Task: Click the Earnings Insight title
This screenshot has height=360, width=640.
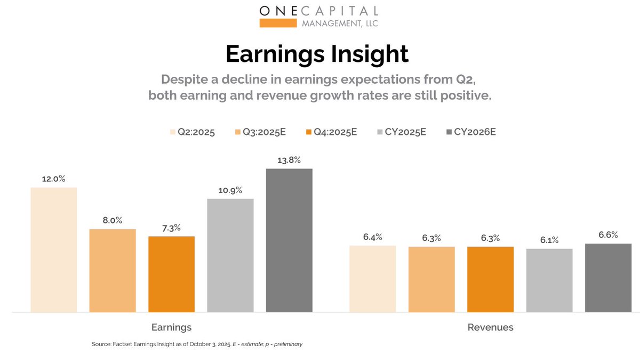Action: [x=317, y=54]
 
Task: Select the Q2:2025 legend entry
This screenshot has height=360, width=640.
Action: [x=192, y=132]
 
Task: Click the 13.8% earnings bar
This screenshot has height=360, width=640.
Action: [x=289, y=240]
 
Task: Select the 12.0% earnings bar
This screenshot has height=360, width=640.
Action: [x=53, y=250]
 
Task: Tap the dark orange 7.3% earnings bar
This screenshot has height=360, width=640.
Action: [x=171, y=274]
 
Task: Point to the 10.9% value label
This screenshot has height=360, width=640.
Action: [x=230, y=190]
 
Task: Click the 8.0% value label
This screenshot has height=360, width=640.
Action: [x=113, y=220]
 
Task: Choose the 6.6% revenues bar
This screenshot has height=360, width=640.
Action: [x=608, y=277]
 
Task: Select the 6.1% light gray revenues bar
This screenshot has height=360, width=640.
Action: [x=549, y=280]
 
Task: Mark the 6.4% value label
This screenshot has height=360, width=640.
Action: [x=373, y=237]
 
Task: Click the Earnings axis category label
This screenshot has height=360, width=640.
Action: [x=171, y=327]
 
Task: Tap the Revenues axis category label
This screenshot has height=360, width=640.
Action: [x=490, y=327]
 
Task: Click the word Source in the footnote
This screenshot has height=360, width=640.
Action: [x=101, y=345]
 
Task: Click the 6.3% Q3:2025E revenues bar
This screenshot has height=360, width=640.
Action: [x=431, y=279]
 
